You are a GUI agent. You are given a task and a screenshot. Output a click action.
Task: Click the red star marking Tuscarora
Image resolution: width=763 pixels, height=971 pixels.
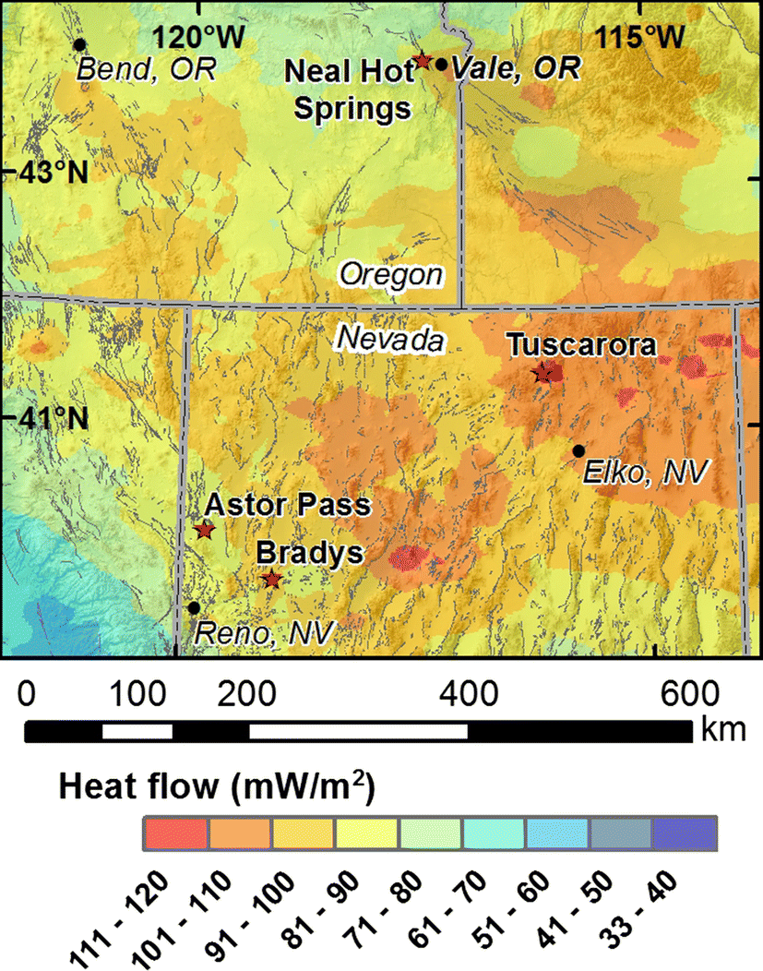542,373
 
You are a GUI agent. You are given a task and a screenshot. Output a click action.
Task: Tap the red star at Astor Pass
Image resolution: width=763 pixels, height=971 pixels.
205,531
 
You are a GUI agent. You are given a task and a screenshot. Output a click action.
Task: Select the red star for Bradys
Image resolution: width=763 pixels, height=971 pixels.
271,579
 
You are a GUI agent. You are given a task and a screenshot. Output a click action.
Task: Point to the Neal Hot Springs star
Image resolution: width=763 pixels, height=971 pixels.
423,61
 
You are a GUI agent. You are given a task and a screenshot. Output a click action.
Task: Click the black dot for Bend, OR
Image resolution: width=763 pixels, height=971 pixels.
79,44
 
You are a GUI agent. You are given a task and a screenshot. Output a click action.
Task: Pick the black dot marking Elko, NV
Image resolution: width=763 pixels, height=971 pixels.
578,450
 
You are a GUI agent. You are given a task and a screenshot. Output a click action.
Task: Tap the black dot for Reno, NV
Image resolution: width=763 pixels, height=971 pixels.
193,607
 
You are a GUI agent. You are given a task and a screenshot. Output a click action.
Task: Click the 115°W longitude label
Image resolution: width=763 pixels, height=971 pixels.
639,37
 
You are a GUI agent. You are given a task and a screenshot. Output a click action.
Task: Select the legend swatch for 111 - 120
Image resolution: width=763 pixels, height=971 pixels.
176,834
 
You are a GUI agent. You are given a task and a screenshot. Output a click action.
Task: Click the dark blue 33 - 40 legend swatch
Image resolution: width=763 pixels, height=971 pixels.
685,834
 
